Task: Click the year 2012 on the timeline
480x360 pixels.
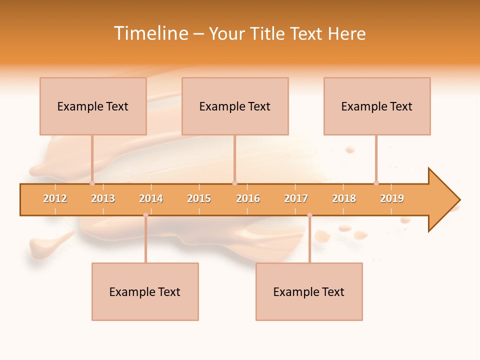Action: point(55,198)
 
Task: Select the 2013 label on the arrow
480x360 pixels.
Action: point(103,198)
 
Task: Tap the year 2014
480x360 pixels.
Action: point(151,198)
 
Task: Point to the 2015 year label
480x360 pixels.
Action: point(199,198)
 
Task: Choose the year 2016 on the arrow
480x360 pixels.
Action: point(248,198)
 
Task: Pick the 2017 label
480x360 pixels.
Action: point(296,198)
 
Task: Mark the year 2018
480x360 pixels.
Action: point(344,198)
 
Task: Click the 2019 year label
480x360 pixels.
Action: point(392,198)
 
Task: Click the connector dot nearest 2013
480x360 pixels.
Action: point(92,183)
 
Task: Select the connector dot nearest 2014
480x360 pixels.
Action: point(145,215)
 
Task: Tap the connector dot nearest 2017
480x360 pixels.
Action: point(309,215)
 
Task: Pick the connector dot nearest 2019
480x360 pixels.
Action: point(376,183)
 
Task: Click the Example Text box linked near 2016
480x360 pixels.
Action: point(235,106)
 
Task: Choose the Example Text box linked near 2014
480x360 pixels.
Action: point(145,291)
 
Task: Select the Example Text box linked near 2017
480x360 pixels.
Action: point(309,291)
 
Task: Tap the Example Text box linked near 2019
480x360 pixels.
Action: point(377,106)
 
